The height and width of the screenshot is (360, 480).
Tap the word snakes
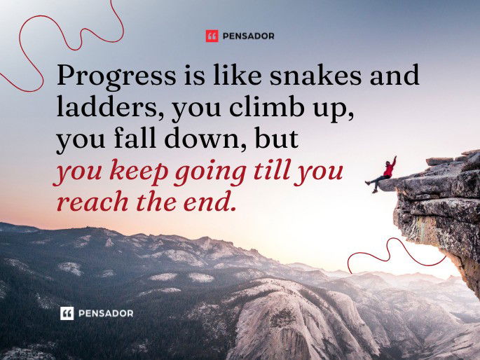pos(282,76)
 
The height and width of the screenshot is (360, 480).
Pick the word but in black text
pos(276,139)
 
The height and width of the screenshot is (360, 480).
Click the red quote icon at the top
pos(212,36)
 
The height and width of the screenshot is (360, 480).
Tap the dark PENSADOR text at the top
pos(249,36)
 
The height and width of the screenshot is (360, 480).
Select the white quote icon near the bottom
pos(67,313)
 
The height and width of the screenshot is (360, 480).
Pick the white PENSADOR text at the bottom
pos(105,313)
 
